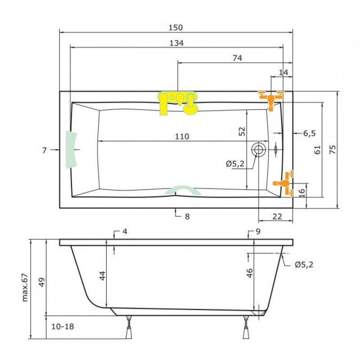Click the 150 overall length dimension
[x=175, y=27]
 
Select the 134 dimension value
[x=176, y=43]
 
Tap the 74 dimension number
[x=237, y=58]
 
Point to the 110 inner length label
[x=182, y=137]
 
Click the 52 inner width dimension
[x=242, y=131]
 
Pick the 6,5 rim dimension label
[x=310, y=133]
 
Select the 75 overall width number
[x=333, y=149]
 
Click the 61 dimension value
[x=317, y=150]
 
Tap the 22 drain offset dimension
[x=277, y=216]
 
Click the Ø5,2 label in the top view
[x=235, y=164]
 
